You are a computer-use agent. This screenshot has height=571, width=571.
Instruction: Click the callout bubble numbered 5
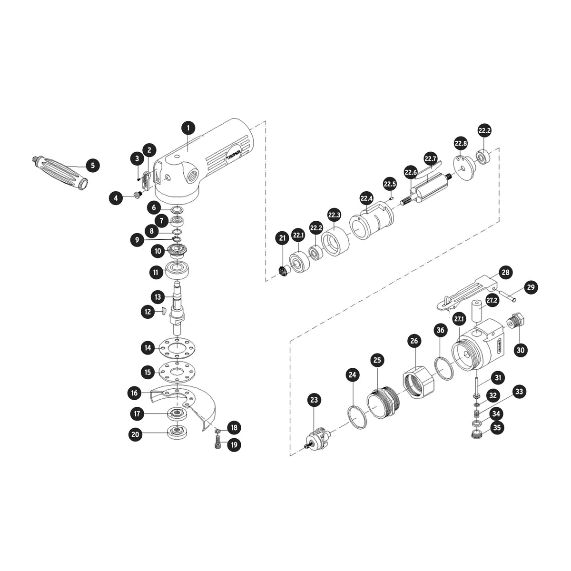93,165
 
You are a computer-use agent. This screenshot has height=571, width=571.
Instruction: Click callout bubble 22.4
366,198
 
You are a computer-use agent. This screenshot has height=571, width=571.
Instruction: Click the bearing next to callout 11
177,270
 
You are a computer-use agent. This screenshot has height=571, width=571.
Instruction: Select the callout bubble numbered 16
134,393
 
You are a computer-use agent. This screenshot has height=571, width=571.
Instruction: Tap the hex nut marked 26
418,383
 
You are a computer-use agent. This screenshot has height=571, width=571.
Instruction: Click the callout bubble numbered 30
521,350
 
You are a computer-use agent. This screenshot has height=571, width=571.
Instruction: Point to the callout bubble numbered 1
189,128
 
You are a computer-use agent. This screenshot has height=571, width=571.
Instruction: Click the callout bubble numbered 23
314,400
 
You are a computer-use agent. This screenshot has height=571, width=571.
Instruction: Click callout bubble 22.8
461,144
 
